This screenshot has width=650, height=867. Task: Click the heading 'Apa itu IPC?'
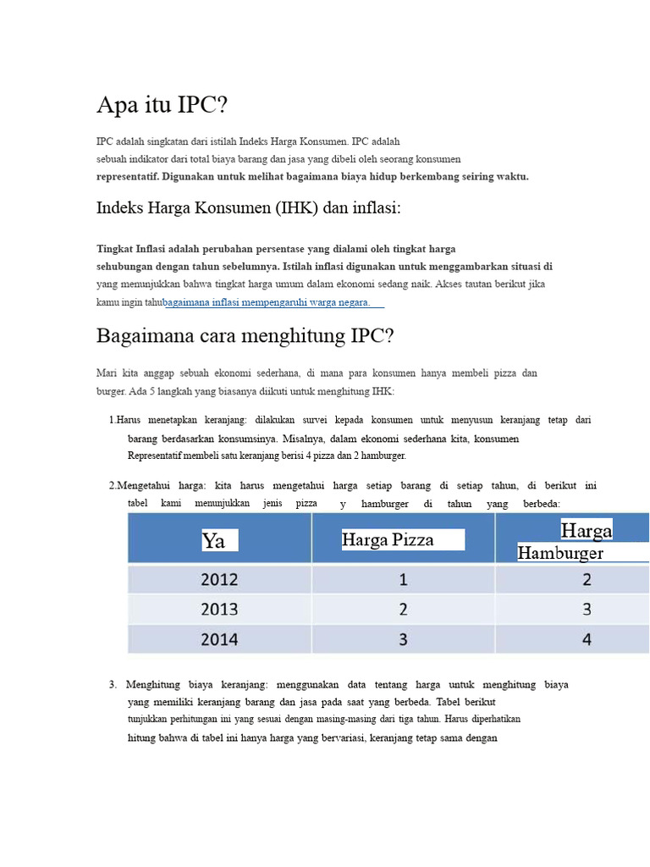[x=162, y=106]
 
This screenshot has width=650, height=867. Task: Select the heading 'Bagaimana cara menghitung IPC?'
[x=245, y=336]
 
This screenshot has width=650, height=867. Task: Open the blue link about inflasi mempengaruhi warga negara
[x=267, y=302]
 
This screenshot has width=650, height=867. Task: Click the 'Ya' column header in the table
[x=214, y=540]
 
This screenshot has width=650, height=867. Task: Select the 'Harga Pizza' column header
[x=388, y=539]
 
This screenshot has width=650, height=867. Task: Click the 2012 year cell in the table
[x=219, y=580]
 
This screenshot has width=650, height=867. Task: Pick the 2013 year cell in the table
[x=219, y=610]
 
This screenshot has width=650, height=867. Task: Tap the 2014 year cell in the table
[x=219, y=639]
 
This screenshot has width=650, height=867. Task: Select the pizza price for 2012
[x=403, y=580]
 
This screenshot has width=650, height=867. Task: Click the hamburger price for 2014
[x=587, y=639]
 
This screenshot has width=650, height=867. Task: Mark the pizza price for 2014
[x=403, y=639]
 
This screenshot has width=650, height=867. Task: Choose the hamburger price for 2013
[x=587, y=610]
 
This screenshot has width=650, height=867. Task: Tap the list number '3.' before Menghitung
[x=113, y=684]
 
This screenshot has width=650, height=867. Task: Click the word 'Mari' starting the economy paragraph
[x=107, y=373]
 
